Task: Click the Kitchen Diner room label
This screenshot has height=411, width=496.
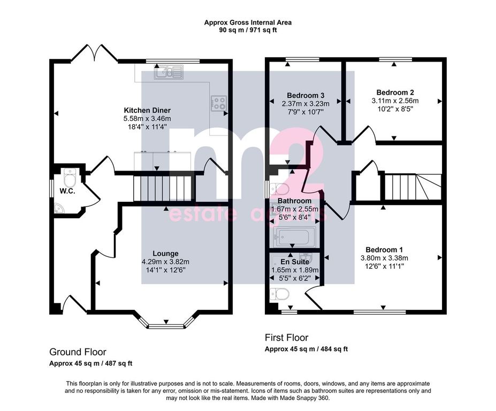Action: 147,110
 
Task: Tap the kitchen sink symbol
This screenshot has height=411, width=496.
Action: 169,72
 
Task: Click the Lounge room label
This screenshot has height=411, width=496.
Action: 165,254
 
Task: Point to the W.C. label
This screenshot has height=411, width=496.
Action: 67,191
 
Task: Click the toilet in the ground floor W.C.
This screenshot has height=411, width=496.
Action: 69,178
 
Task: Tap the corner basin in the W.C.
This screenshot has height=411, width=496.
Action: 58,208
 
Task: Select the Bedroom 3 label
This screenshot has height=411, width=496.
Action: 306,95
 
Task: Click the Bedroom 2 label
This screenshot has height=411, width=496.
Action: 395,93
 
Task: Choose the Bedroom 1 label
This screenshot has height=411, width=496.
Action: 384,249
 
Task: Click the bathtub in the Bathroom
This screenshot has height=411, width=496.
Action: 294,237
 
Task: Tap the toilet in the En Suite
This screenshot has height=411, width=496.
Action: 280,295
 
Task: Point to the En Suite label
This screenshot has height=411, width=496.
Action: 295,262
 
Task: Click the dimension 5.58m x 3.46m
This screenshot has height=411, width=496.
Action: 147,119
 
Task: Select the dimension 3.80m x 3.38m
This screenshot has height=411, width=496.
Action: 384,258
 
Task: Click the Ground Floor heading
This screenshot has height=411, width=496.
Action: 78,352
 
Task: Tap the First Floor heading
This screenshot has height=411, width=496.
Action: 287,338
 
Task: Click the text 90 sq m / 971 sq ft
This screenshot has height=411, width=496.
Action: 248,31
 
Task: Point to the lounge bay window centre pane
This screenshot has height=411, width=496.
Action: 166,326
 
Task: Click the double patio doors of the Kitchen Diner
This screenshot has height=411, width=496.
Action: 94,52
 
